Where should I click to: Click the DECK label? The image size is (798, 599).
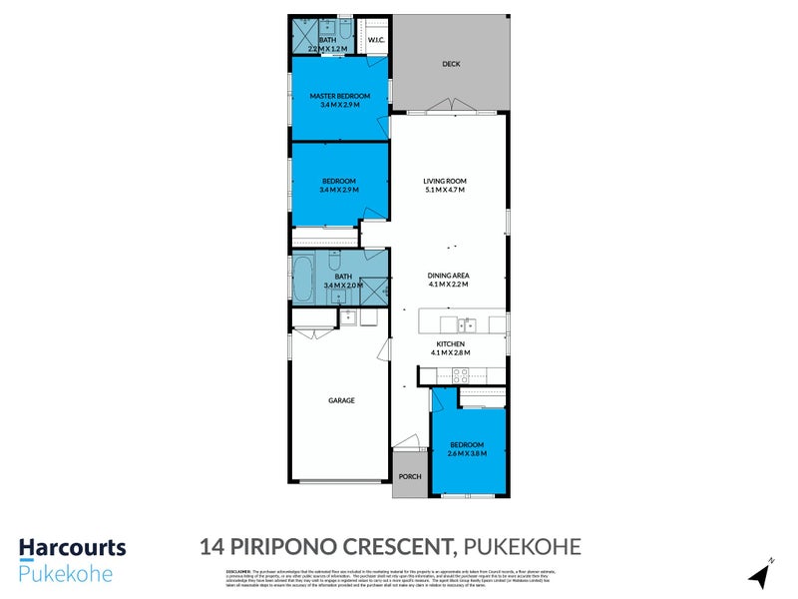click(451, 65)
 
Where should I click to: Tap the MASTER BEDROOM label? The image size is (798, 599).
click(339, 96)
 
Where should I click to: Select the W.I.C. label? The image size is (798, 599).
click(376, 40)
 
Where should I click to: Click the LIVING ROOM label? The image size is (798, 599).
click(445, 181)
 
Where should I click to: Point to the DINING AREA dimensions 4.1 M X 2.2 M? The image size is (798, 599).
click(449, 285)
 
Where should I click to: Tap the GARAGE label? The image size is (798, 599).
click(341, 400)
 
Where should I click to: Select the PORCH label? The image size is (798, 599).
click(409, 476)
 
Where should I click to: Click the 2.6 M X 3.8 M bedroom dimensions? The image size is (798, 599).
click(466, 453)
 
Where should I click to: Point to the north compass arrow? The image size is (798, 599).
click(761, 574)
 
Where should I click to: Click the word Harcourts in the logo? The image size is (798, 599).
click(72, 547)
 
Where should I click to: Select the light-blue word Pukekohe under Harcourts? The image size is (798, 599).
click(65, 573)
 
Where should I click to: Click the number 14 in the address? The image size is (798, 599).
click(210, 546)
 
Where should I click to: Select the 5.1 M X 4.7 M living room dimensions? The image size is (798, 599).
click(445, 190)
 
